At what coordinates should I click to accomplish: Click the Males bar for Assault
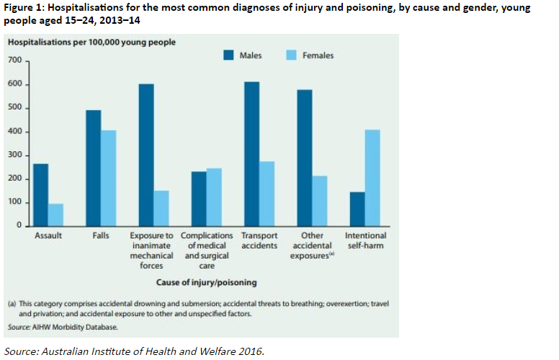click(40, 195)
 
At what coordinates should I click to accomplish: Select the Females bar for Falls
click(108, 179)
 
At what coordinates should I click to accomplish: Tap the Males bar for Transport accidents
click(251, 154)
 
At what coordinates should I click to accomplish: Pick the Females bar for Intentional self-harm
click(372, 178)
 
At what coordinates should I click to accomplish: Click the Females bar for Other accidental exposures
click(320, 201)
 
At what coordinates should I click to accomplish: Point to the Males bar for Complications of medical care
click(199, 199)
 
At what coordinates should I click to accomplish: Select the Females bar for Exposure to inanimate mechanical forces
click(161, 209)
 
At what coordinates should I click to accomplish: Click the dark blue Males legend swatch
click(228, 55)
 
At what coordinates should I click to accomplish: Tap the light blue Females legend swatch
click(291, 55)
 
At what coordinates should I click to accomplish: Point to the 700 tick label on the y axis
click(15, 60)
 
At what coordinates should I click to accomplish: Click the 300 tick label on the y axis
click(15, 155)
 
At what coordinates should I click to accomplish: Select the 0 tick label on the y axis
click(19, 225)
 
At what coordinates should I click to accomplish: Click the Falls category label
click(101, 235)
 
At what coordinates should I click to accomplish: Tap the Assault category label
click(48, 235)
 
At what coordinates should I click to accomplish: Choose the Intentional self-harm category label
click(365, 240)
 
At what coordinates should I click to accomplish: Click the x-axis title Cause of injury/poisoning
click(207, 282)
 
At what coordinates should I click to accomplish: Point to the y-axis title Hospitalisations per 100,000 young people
click(91, 42)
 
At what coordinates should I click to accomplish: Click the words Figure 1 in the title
click(23, 7)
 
